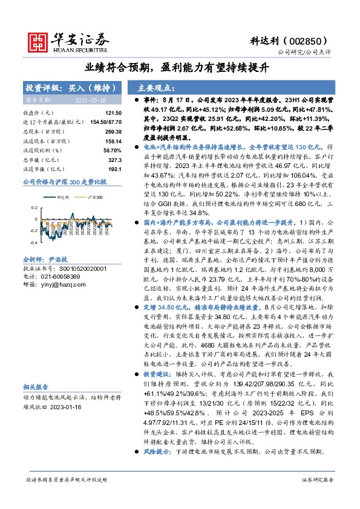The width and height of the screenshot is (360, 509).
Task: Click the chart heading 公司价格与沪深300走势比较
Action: [x=64, y=181]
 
